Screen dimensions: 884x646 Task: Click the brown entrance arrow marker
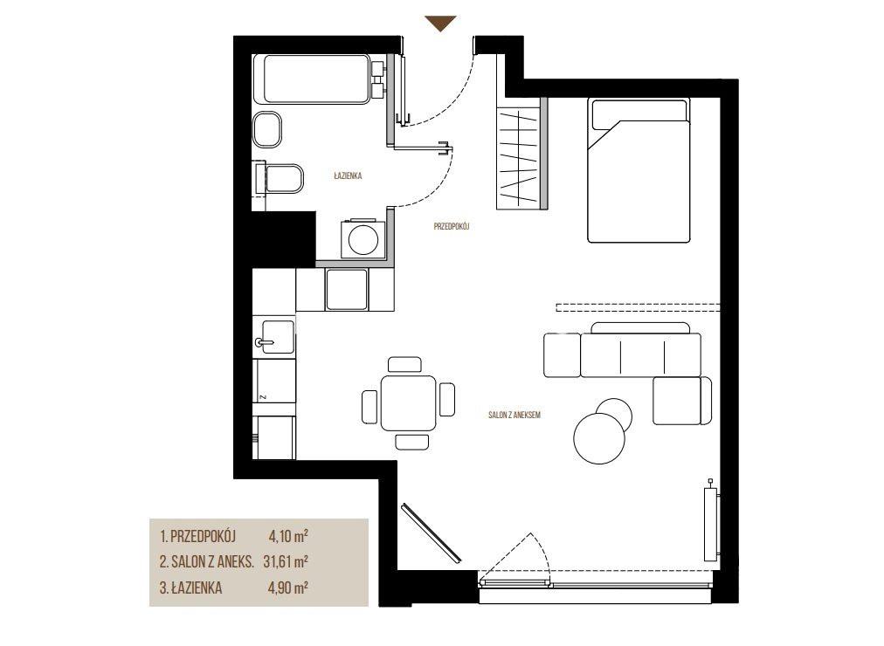pos(440,23)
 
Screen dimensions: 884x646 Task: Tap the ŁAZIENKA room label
pos(348,175)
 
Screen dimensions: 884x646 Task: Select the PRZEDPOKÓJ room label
pos(451,226)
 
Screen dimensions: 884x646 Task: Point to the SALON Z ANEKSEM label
pos(515,415)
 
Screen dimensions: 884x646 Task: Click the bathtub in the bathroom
pos(312,79)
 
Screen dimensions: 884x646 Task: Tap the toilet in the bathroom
pos(279,178)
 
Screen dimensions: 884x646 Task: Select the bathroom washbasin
pos(267,129)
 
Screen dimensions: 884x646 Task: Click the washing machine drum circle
pos(363,240)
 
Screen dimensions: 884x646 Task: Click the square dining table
pos(408,403)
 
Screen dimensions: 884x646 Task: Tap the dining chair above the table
pos(404,364)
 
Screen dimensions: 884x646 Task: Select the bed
pos(639,170)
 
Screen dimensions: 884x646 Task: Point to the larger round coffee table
pos(598,438)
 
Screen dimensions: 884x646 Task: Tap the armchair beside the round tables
pos(681,401)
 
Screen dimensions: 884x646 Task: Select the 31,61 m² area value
pos(286,561)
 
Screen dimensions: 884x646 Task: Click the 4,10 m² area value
pos(288,536)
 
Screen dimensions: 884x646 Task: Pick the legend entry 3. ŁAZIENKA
pos(190,588)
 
